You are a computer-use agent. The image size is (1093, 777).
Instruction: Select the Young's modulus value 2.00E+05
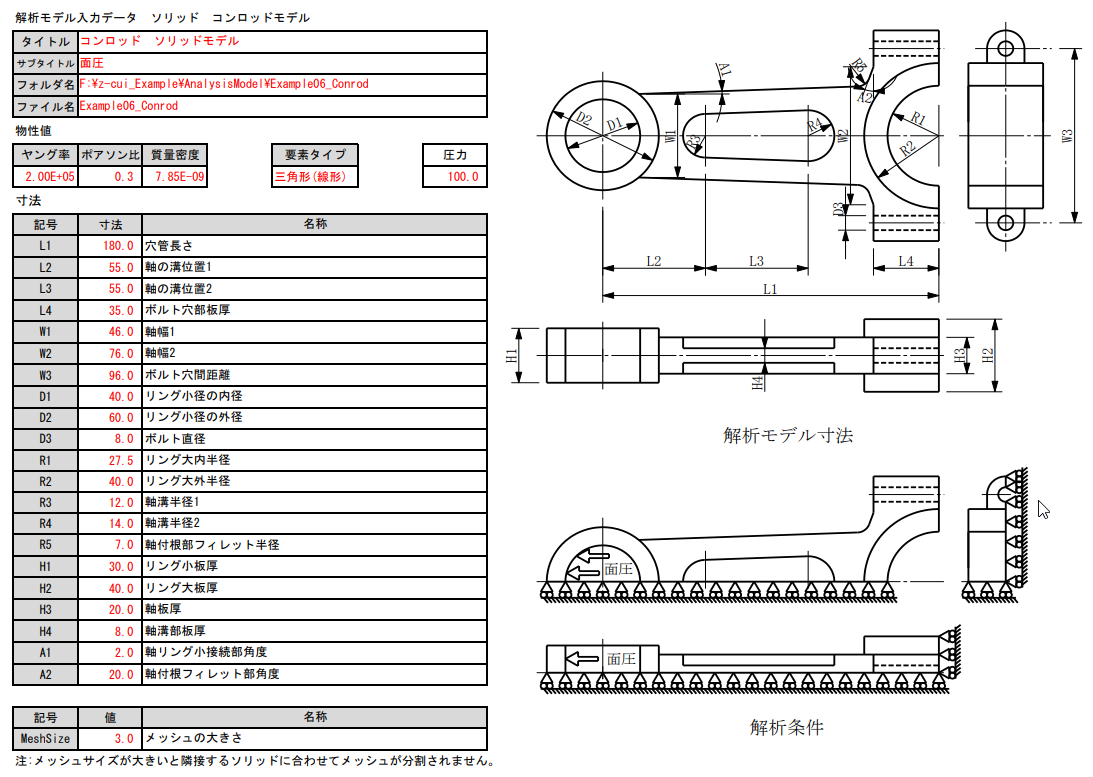tap(45, 177)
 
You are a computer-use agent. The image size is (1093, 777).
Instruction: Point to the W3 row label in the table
tap(45, 375)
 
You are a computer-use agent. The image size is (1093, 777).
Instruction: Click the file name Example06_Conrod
tap(129, 106)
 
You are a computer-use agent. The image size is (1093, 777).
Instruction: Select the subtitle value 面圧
tap(91, 63)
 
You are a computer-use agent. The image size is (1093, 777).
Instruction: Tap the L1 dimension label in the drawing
tap(770, 288)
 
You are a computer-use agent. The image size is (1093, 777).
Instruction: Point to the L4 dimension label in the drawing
tap(905, 261)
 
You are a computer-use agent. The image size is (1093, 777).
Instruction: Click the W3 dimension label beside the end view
tap(1067, 135)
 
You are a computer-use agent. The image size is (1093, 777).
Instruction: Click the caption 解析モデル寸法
tap(787, 435)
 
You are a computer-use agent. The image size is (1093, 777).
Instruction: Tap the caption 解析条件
tap(786, 728)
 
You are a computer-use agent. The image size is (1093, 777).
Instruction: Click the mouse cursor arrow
tap(1043, 510)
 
